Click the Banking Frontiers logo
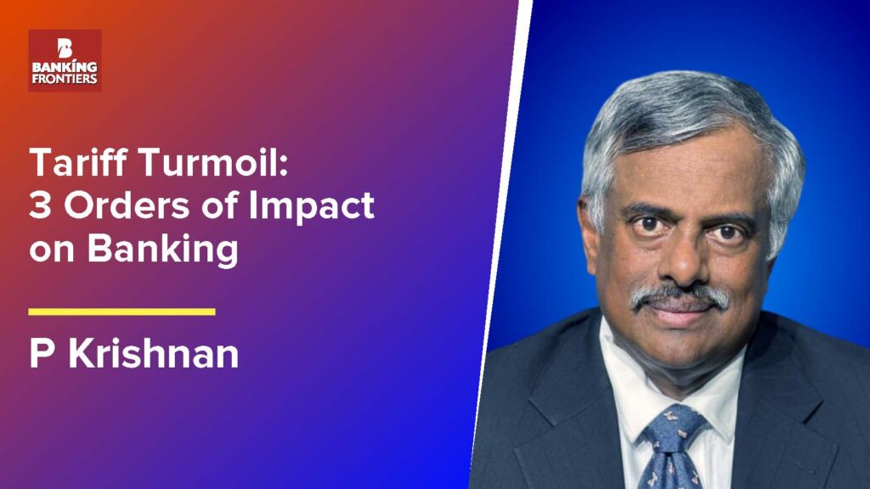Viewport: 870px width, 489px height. [65, 60]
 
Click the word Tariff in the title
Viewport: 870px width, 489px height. [80, 162]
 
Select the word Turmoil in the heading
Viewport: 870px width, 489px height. [213, 162]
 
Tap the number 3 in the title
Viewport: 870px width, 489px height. [40, 205]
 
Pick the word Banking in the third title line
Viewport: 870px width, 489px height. [162, 249]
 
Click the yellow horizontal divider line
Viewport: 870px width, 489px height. [121, 312]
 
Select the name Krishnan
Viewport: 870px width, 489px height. [154, 353]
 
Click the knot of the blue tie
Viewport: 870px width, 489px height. [673, 424]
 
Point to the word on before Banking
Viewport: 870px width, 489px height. [52, 250]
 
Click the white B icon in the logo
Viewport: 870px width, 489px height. [65, 48]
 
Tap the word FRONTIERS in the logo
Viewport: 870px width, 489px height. [65, 79]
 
